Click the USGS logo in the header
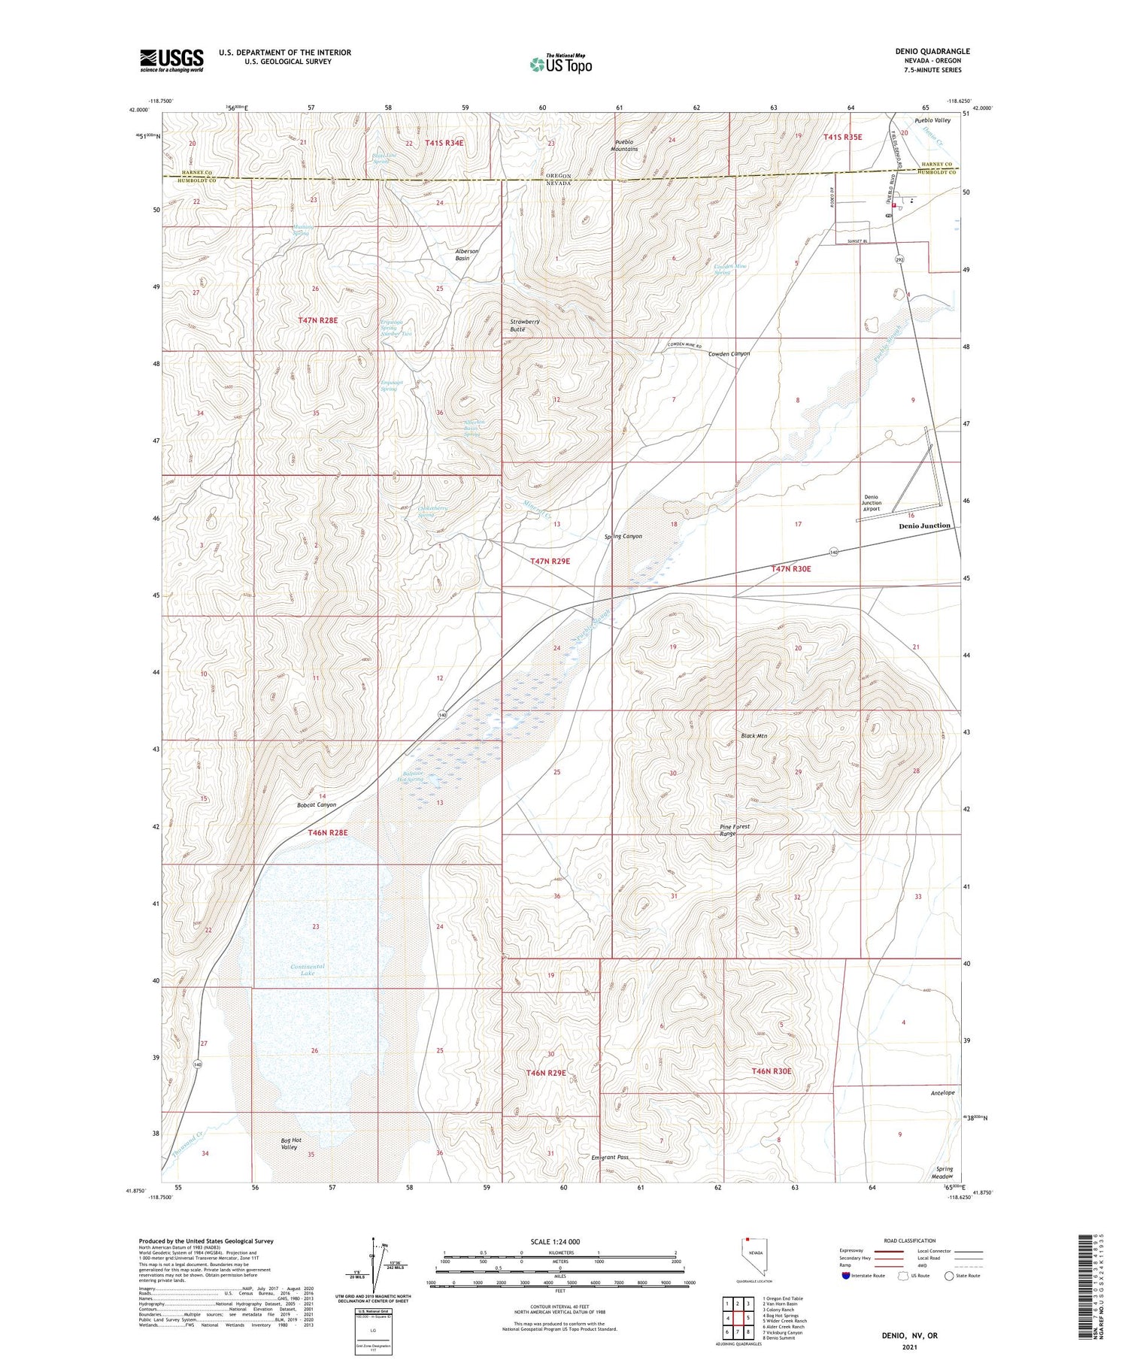tap(171, 60)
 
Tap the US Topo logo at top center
tap(561, 64)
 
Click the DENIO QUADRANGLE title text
tap(927, 51)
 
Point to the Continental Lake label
tap(308, 969)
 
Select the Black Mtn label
tap(754, 736)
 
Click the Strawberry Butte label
tap(525, 325)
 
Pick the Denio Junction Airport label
tap(872, 503)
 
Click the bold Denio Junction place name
tap(924, 526)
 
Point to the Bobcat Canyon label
tap(316, 804)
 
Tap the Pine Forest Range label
tap(734, 830)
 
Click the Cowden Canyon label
tap(729, 353)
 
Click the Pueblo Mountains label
tap(625, 145)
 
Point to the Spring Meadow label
tap(942, 1173)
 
